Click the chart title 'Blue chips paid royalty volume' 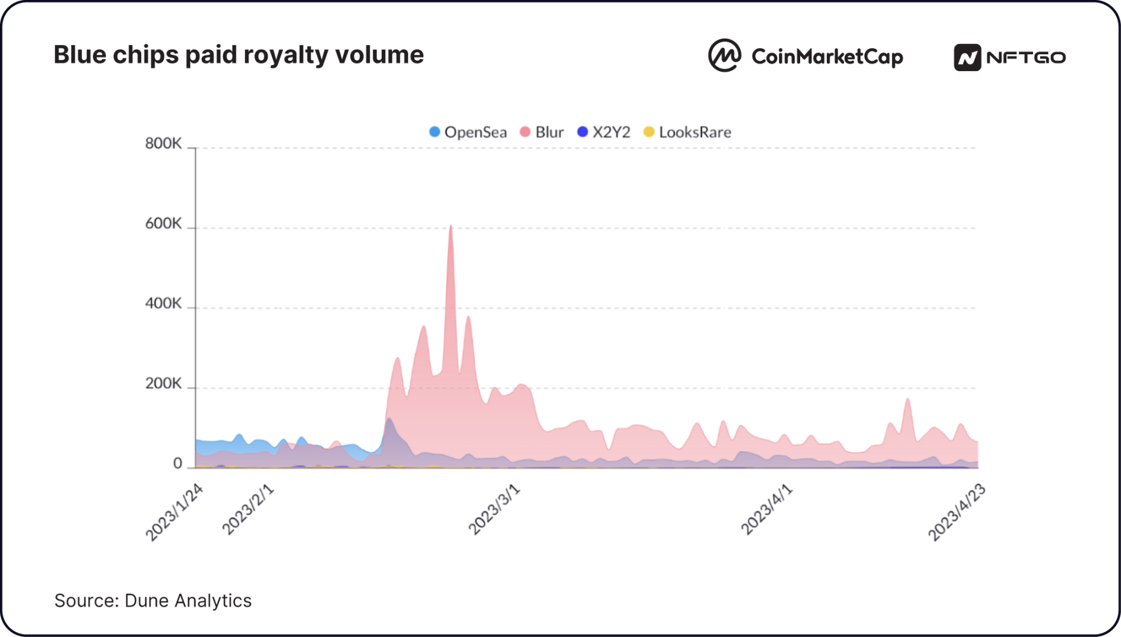click(x=238, y=55)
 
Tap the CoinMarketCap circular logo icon click(x=724, y=56)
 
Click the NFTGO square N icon click(x=967, y=58)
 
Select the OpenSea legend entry click(x=468, y=132)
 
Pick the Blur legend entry click(x=542, y=132)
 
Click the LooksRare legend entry click(x=687, y=132)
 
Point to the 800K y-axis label click(x=163, y=144)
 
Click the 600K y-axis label click(x=163, y=224)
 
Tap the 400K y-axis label click(x=163, y=303)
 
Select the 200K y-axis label click(x=163, y=384)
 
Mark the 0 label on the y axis click(x=177, y=463)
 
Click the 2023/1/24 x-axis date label click(x=174, y=512)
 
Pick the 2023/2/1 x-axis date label click(x=248, y=510)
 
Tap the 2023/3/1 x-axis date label click(x=494, y=510)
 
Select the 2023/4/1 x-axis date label click(x=766, y=510)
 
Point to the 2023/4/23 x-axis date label click(x=956, y=512)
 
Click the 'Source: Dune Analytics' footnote click(x=153, y=601)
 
